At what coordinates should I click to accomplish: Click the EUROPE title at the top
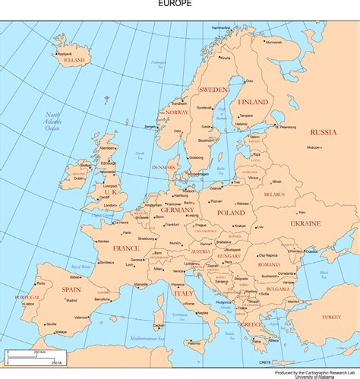tap(175, 4)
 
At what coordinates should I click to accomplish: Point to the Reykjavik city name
tap(64, 54)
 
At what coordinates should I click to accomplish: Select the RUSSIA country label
tap(323, 131)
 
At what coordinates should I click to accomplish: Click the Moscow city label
tap(314, 147)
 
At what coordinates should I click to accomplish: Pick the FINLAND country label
tap(252, 101)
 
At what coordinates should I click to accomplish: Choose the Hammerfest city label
tap(221, 27)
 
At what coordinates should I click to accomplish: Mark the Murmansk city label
tap(273, 42)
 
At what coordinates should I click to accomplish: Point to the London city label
tap(110, 205)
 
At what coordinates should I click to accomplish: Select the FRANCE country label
tap(126, 248)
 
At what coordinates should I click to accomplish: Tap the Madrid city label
tap(71, 300)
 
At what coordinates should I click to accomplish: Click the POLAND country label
tap(231, 213)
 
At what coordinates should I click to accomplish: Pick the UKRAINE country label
tap(305, 223)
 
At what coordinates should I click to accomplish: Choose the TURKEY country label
tap(332, 316)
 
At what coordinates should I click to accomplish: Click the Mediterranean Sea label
tap(147, 336)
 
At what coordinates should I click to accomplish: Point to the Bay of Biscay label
tap(81, 267)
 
